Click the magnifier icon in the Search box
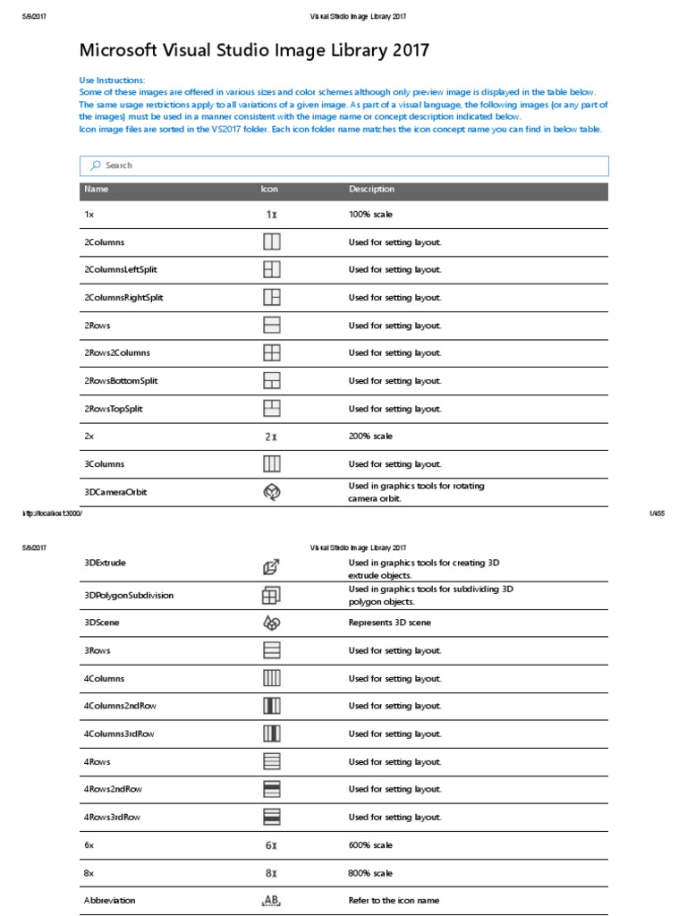(x=94, y=165)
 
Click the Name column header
(x=97, y=190)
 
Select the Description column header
(x=371, y=190)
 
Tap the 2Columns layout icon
(x=272, y=242)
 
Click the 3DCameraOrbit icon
(x=272, y=492)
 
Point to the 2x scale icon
(x=271, y=437)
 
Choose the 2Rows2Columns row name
(x=117, y=353)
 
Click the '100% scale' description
(x=370, y=215)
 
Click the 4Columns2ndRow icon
(x=272, y=706)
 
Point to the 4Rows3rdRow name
(x=113, y=818)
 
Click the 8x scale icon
(x=271, y=873)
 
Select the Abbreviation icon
(x=271, y=901)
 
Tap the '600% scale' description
(x=370, y=845)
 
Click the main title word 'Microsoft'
(x=121, y=51)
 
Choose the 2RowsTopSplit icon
(x=272, y=409)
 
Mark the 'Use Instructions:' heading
(x=112, y=81)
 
